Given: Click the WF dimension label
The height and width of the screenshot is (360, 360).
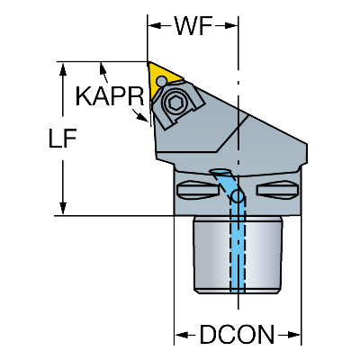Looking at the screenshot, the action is coord(194,25).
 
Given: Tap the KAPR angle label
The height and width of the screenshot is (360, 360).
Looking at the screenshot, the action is coord(110,96).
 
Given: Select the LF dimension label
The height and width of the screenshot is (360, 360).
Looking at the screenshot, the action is coord(62,139).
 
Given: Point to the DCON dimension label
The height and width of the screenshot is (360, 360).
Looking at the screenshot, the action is coord(237,334).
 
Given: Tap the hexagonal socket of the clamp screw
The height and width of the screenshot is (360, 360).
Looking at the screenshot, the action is coord(175,103).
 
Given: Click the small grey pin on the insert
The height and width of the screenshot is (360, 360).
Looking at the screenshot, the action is coord(162,80).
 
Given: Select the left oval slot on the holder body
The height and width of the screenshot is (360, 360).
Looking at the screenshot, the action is coord(197,190).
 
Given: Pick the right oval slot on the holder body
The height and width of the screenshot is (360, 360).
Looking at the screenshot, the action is coord(278,190).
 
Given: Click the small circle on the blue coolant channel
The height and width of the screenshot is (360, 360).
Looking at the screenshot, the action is coord(238,196).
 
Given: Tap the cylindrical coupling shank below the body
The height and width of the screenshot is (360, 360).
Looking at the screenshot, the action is coord(238,255).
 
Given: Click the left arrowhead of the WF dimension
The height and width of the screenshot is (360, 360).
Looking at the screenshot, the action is coord(154,26).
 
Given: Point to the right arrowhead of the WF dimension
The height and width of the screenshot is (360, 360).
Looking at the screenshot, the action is coord(232,26).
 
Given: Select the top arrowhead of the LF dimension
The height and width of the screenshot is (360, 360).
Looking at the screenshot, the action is coord(63,68).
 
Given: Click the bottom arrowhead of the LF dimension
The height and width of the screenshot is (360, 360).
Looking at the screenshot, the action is coord(63,209).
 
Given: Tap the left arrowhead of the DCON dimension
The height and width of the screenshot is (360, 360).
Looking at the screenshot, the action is coord(181,335).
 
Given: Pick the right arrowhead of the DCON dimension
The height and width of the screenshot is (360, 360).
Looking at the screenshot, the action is coord(294,335).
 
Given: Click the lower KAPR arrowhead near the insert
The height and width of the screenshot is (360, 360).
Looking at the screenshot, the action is coord(142,117).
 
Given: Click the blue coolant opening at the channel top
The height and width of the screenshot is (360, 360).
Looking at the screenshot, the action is coord(222,172).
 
